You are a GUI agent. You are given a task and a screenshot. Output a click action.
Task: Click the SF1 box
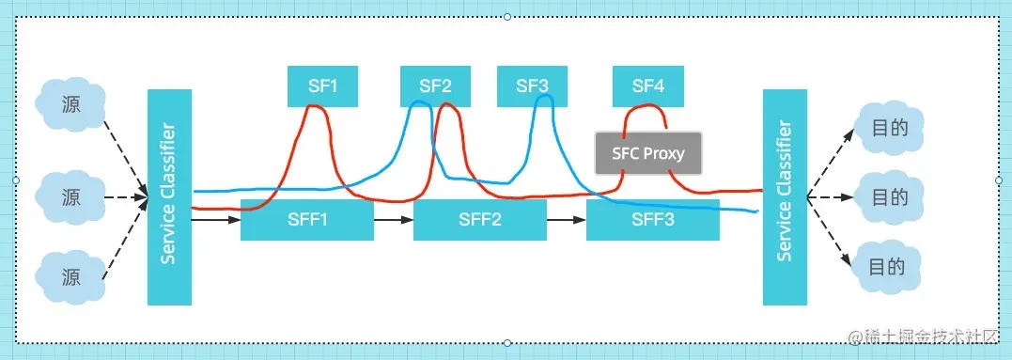pos(322,86)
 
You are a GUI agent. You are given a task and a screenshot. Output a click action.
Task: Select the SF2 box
pos(435,86)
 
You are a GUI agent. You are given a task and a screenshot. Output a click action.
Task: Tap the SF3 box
pos(532,86)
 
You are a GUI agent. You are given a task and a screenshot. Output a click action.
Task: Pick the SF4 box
pos(647,86)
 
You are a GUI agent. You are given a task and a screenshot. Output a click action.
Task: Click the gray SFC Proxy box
pos(648,153)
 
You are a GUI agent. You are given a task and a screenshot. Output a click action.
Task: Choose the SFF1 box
pos(306,220)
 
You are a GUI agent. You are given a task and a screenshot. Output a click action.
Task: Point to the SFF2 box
pos(479,220)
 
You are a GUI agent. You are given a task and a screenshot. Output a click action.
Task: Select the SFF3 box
pos(652,220)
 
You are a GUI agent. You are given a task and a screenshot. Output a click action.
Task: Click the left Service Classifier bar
pos(169,197)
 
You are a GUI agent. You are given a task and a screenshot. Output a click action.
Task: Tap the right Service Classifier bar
pos(785,197)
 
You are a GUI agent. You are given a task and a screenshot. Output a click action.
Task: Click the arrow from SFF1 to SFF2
pos(393,220)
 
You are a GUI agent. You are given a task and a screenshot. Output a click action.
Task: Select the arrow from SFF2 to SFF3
pos(566,220)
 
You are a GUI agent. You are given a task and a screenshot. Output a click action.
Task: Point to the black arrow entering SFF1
pos(216,220)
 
